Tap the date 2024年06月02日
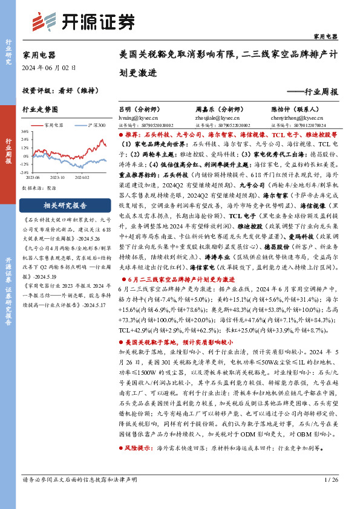pos(47,67)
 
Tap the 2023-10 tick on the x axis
pos(57,178)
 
